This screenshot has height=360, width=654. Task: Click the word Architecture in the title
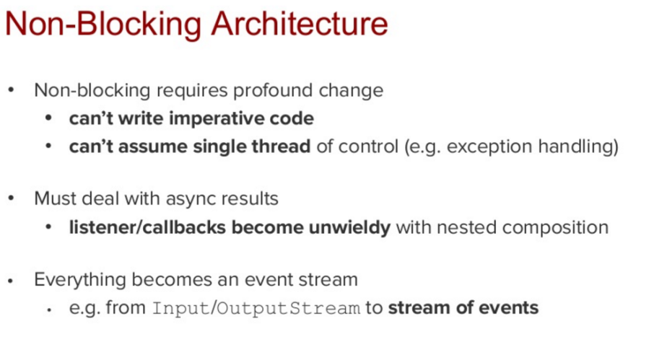pos(300,24)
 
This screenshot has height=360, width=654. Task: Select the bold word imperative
pos(216,119)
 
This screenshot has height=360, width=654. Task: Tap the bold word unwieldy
pos(349,228)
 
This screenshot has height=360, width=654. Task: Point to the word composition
pos(555,228)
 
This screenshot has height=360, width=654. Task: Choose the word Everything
pos(80,280)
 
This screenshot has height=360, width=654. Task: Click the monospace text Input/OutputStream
pos(256,308)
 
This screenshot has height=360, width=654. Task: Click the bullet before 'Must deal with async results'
pos(11,198)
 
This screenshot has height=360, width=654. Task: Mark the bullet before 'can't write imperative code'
pos(48,118)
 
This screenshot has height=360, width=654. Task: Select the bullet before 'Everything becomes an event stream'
pos(10,281)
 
